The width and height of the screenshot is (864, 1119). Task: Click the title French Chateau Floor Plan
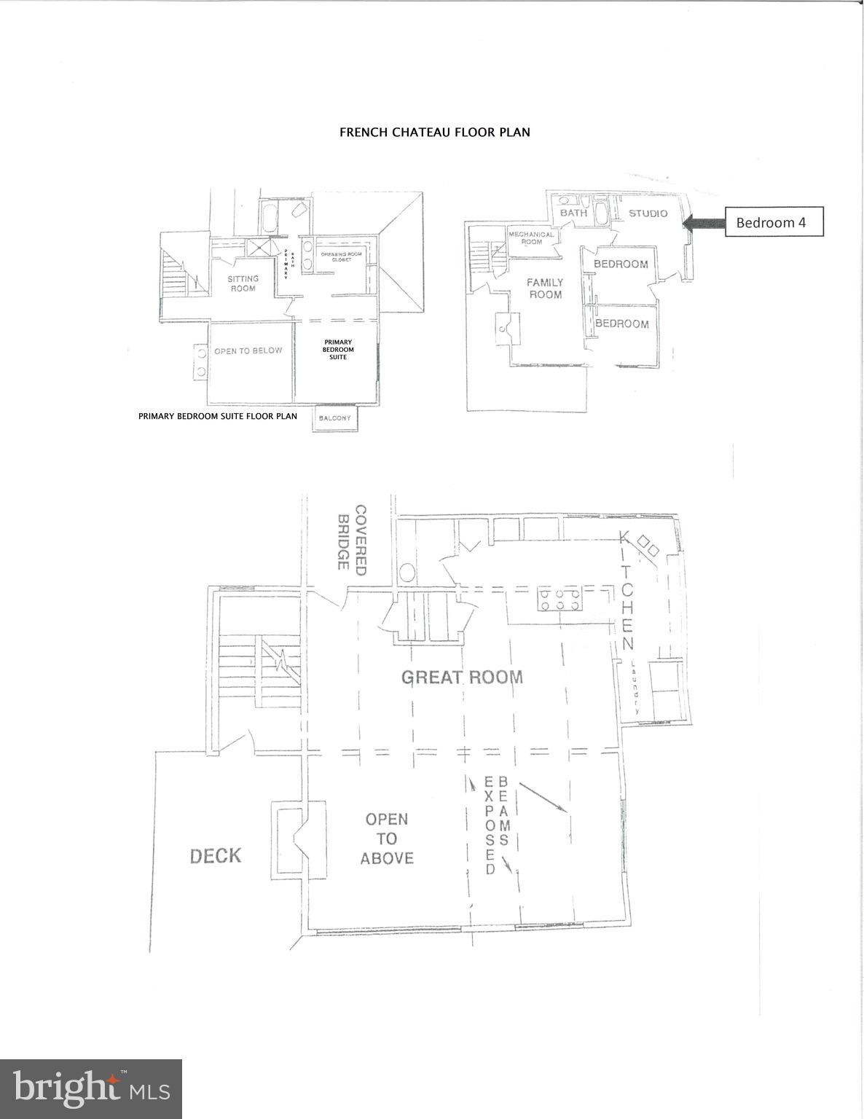[434, 133]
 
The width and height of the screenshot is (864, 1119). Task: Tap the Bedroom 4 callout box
[774, 222]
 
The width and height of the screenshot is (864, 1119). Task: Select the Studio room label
[648, 213]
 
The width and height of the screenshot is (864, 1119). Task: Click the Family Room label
[545, 288]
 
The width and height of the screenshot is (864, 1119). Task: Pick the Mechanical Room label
[531, 237]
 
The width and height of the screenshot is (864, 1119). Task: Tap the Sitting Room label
[243, 283]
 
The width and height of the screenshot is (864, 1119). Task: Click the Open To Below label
[248, 350]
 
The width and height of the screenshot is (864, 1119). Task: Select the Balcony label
[334, 418]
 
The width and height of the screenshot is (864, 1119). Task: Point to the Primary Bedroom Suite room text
[338, 350]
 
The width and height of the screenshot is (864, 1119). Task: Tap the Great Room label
[462, 677]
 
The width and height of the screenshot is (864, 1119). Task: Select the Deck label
[215, 855]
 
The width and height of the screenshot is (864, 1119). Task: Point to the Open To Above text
[387, 839]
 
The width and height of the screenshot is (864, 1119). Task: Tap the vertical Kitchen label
[627, 591]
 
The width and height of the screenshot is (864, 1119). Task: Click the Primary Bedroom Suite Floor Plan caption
[218, 417]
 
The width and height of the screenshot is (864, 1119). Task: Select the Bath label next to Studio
[573, 213]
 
